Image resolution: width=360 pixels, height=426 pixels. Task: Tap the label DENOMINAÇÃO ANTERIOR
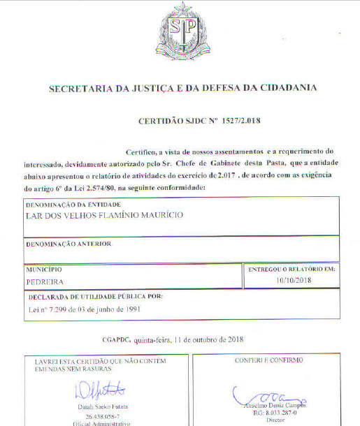click(69, 244)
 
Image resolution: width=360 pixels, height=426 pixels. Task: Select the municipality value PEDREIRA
click(44, 282)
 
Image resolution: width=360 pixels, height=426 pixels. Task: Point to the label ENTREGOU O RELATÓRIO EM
click(293, 268)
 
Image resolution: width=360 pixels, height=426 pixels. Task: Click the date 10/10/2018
click(293, 280)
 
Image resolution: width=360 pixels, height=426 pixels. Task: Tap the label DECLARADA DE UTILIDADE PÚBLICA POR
click(94, 297)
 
